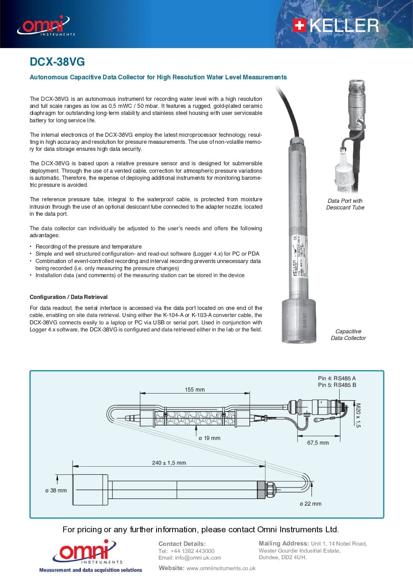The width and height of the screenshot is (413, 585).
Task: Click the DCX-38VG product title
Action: click(x=57, y=62)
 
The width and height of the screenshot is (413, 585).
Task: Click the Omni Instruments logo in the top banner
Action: click(x=45, y=26)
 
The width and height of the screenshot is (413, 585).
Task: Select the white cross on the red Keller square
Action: click(x=299, y=26)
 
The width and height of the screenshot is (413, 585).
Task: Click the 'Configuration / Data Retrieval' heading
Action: click(x=68, y=297)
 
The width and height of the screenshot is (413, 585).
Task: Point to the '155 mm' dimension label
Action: click(x=194, y=390)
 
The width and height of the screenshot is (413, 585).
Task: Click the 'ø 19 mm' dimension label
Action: click(x=209, y=438)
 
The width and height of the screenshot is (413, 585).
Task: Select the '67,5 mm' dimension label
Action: click(x=318, y=443)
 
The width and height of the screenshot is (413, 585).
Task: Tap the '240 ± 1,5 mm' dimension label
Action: click(x=169, y=463)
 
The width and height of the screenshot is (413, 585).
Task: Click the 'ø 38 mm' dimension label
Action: click(x=56, y=490)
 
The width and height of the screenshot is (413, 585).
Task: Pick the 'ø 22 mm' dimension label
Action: click(x=310, y=504)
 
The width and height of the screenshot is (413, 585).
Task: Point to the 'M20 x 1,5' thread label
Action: click(x=358, y=415)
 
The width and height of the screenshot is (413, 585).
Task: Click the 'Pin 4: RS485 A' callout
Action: click(x=336, y=378)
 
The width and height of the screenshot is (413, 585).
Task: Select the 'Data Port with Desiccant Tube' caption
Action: click(x=345, y=204)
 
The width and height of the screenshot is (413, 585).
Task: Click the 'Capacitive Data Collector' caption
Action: click(x=348, y=335)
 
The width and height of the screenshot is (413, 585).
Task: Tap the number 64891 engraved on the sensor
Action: click(x=305, y=320)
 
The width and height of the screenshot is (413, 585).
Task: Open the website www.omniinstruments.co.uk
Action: click(x=221, y=568)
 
